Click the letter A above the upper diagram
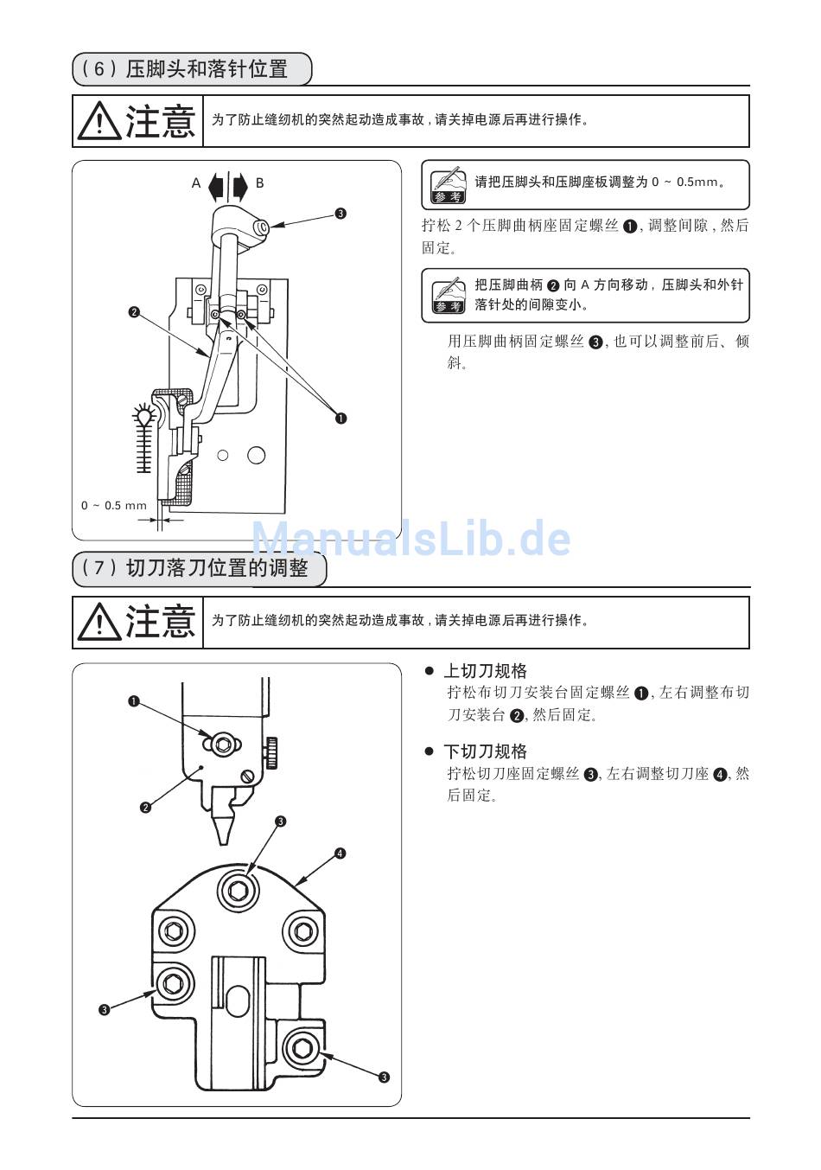(x=196, y=183)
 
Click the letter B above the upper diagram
(x=259, y=183)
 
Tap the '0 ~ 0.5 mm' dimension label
(x=114, y=505)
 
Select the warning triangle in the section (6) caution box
(x=99, y=121)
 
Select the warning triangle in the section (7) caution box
(x=99, y=622)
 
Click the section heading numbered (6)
(x=192, y=69)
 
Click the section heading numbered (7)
(x=200, y=569)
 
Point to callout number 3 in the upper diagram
(x=340, y=214)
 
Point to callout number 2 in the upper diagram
(x=134, y=311)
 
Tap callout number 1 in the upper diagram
(x=340, y=419)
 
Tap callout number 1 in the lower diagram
(x=134, y=701)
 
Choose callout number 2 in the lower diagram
(x=145, y=808)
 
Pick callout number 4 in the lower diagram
(x=340, y=854)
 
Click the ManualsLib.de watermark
(x=410, y=540)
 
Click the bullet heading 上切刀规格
(x=484, y=671)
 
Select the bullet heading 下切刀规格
(x=484, y=751)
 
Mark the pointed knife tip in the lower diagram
(x=224, y=830)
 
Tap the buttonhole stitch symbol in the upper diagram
(x=145, y=438)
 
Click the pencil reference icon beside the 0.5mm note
(x=448, y=183)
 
